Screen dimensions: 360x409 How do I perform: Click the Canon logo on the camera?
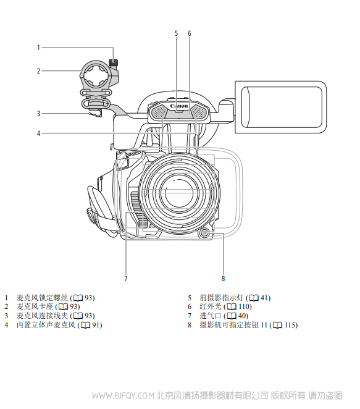(x=179, y=106)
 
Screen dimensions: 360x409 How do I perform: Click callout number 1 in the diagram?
(x=38, y=48)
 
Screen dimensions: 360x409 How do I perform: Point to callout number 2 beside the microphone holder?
(x=38, y=70)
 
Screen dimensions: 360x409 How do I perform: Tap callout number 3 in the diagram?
(x=38, y=114)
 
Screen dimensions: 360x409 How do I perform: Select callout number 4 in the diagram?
(x=38, y=133)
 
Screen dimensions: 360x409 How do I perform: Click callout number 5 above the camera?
(x=176, y=33)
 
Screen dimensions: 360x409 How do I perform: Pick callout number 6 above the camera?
(x=189, y=33)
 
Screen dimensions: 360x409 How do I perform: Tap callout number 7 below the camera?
(x=126, y=279)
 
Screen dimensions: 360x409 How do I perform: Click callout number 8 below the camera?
(x=223, y=279)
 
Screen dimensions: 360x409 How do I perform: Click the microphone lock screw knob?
(x=114, y=62)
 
